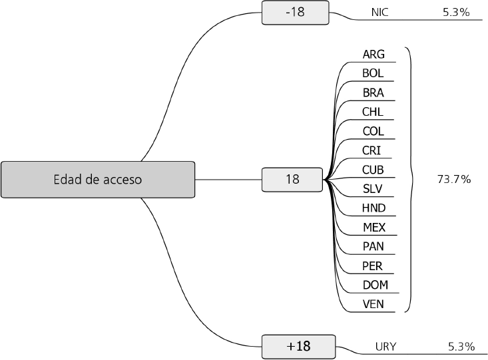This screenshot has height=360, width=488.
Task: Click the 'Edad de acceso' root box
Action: click(x=98, y=179)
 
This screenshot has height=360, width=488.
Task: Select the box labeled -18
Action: click(x=295, y=12)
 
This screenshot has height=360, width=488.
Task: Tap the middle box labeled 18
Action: click(x=292, y=179)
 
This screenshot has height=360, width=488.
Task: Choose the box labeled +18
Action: click(x=298, y=346)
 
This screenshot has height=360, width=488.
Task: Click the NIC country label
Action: click(x=379, y=12)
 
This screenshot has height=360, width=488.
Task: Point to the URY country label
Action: click(x=386, y=347)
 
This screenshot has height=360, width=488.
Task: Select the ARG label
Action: click(x=373, y=54)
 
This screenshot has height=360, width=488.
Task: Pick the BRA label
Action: click(x=373, y=92)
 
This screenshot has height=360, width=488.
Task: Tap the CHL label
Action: click(x=373, y=112)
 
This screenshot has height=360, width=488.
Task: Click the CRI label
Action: click(x=372, y=150)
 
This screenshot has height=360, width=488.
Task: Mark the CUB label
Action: click(x=373, y=170)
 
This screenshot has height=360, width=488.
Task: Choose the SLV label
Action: click(x=373, y=189)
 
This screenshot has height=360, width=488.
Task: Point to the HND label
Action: click(x=373, y=208)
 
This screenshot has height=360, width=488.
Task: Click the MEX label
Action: click(x=374, y=228)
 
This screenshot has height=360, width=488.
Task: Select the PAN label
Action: click(x=373, y=247)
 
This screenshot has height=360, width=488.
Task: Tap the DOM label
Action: click(x=375, y=285)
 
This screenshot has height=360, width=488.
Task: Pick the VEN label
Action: click(x=373, y=305)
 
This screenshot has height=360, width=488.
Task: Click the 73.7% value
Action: click(x=454, y=179)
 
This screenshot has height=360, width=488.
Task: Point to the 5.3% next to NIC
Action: click(x=456, y=12)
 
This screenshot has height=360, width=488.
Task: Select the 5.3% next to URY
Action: click(x=461, y=347)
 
